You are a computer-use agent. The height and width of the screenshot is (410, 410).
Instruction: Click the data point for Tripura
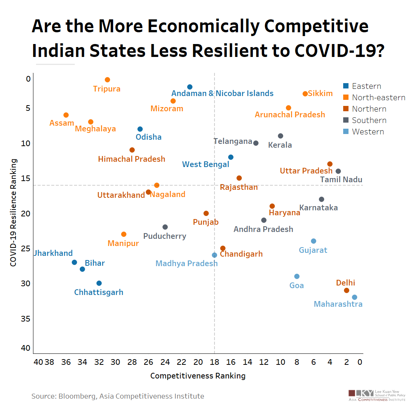[107, 80]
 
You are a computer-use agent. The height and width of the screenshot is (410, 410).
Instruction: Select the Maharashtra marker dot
[355, 297]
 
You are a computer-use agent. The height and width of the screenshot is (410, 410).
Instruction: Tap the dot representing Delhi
[347, 290]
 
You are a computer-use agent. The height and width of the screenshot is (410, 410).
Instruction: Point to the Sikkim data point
[305, 94]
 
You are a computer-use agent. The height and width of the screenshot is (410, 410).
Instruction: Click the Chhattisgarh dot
[99, 283]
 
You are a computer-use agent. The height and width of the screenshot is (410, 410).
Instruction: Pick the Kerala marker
[281, 136]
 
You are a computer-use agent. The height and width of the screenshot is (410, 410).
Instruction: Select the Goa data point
[297, 276]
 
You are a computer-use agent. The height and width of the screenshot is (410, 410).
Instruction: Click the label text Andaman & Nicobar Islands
[222, 93]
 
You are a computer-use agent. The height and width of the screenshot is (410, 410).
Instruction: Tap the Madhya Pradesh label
[186, 263]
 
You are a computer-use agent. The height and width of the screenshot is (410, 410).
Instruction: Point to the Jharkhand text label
[53, 253]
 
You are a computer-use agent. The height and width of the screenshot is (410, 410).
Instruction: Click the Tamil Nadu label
[341, 180]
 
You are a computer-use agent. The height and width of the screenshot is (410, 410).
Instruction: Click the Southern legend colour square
[345, 120]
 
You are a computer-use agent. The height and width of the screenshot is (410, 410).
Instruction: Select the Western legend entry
[367, 132]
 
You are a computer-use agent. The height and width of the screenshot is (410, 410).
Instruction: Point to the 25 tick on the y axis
[25, 249]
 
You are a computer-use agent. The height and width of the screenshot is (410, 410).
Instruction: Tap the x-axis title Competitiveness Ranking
[198, 376]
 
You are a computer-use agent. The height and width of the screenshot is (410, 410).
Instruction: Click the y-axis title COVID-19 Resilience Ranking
[14, 213]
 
